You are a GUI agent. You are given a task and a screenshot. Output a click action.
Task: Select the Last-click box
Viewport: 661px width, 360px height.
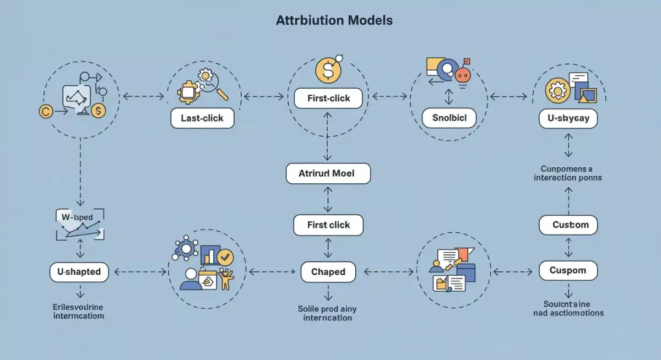(x=202, y=118)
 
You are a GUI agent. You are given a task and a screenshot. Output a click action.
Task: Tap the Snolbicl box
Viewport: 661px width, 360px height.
(x=449, y=117)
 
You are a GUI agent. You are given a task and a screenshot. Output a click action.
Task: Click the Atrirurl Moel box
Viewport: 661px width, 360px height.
(x=328, y=173)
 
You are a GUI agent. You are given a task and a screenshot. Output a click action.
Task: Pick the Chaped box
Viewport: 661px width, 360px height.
(x=328, y=271)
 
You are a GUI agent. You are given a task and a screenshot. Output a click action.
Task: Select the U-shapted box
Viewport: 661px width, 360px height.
(x=79, y=271)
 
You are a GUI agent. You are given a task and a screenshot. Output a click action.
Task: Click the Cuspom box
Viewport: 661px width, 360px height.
(x=567, y=271)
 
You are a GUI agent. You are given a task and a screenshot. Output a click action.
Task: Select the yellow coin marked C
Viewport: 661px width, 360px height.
(x=46, y=111)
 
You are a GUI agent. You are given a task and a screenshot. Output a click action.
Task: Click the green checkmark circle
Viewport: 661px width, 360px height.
(x=225, y=257)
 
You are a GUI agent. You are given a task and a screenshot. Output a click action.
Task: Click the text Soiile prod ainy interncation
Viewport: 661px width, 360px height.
(x=328, y=313)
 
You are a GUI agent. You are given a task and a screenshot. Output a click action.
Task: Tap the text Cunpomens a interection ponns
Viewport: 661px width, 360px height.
(x=568, y=173)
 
